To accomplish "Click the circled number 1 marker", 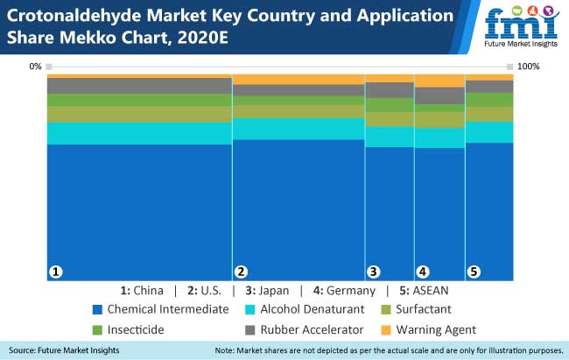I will pos(56,272).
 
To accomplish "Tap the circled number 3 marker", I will pos(374,272).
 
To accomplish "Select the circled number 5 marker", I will pos(474,272).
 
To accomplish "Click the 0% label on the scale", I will pos(35,67).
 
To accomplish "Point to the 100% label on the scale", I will pos(528,67).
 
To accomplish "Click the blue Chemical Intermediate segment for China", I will pos(139,210).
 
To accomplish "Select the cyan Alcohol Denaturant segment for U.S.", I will pos(298,129).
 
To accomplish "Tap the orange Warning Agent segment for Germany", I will pos(439,81).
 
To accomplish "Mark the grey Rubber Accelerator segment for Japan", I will pos(390,90).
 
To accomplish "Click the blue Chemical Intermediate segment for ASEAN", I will pos(489,210).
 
